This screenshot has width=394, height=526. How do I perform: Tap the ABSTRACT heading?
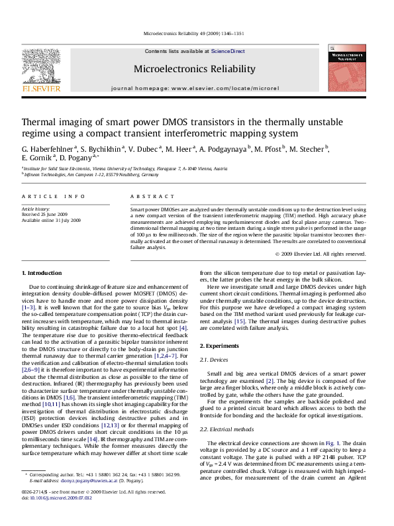(148, 197)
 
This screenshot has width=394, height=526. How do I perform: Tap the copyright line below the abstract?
(328, 254)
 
